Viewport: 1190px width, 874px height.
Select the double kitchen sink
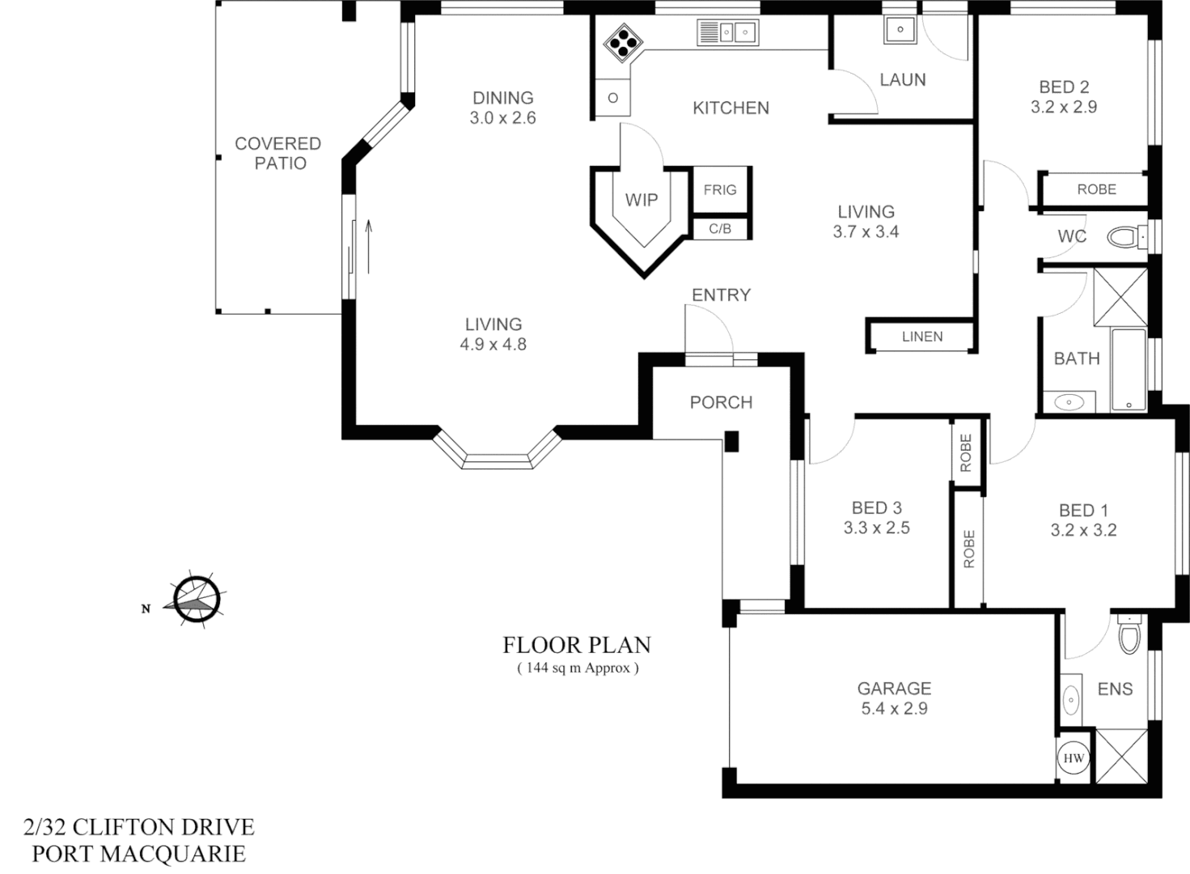pos(726,32)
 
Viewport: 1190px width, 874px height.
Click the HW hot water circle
pos(1074,759)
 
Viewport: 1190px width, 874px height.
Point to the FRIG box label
pos(719,189)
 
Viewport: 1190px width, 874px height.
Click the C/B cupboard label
pos(719,229)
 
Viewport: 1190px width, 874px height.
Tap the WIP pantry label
pos(642,200)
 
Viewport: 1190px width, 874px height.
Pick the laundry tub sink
pos(900,31)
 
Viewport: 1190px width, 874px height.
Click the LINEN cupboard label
pos(922,337)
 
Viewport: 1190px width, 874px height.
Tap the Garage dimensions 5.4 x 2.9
pos(894,709)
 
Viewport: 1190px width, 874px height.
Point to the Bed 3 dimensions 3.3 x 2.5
pos(876,528)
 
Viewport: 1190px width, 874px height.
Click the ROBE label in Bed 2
pos(1096,189)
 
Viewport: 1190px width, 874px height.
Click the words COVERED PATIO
pos(278,153)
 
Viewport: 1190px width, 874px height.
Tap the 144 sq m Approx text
pos(577,668)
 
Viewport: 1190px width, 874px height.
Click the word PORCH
pos(721,402)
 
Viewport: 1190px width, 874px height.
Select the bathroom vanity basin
pos(1069,401)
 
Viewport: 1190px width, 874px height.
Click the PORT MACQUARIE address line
pos(138,853)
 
